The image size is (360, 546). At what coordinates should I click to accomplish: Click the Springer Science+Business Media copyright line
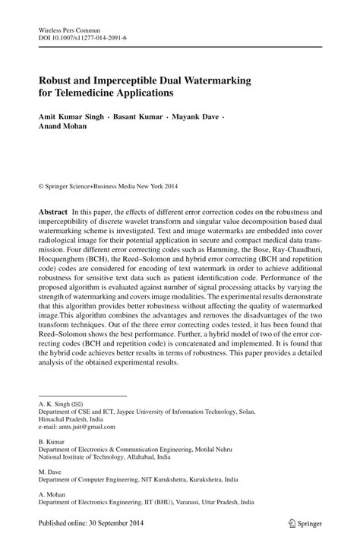click(112, 184)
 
